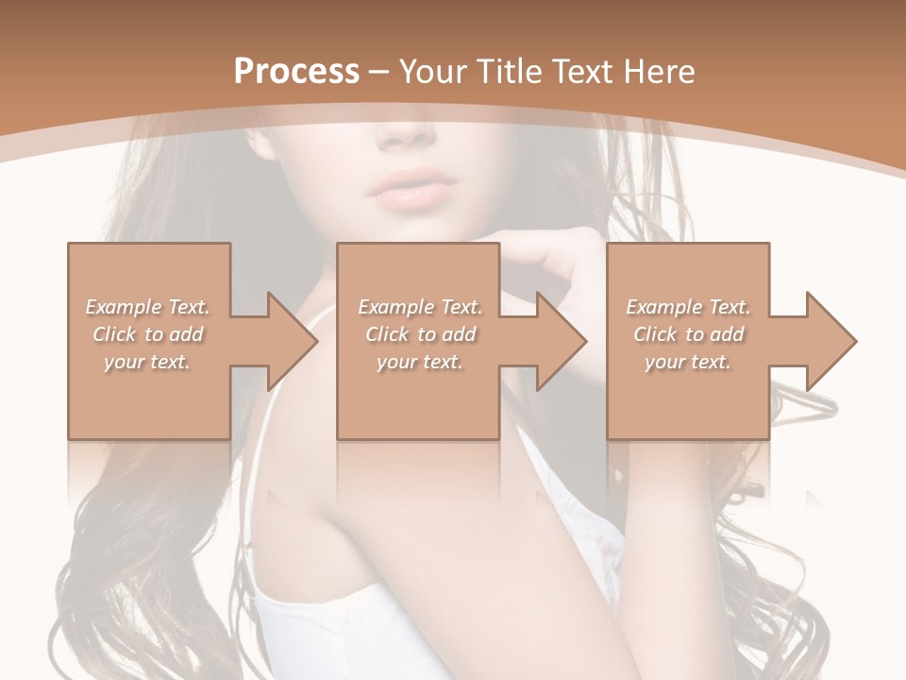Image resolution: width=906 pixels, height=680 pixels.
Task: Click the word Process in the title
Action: [x=296, y=72]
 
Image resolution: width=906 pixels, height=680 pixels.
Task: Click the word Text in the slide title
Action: [x=583, y=72]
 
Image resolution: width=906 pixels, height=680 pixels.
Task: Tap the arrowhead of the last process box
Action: [x=830, y=341]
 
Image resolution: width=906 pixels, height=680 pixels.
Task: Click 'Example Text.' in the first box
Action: [x=147, y=307]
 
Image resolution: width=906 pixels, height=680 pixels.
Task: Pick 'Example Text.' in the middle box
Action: [x=420, y=307]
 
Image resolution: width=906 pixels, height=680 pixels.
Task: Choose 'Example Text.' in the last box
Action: [x=688, y=307]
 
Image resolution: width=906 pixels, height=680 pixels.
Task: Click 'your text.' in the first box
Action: [x=147, y=362]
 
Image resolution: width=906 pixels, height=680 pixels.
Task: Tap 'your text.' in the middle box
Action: [x=420, y=362]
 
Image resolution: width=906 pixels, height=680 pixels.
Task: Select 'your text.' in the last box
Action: [x=688, y=362]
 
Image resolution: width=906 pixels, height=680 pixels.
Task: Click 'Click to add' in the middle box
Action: [x=420, y=334]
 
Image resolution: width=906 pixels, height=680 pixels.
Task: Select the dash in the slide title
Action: [x=379, y=73]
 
